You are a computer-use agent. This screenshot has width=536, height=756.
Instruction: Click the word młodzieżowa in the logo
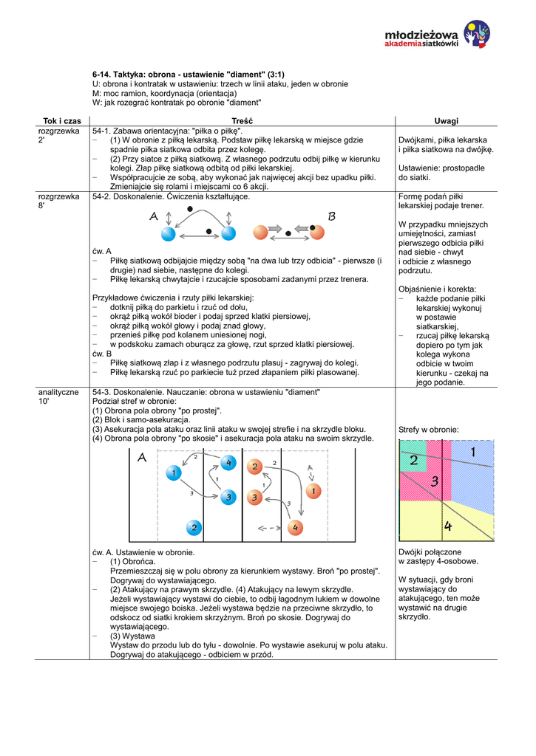click(422, 35)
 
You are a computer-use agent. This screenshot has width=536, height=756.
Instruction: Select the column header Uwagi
click(446, 120)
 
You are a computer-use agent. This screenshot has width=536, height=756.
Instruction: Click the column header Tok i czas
click(62, 120)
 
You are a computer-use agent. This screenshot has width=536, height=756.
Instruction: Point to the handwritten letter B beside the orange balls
click(332, 216)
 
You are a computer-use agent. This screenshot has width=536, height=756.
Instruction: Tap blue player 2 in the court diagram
click(194, 527)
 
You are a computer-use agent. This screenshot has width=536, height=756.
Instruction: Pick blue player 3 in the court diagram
click(228, 497)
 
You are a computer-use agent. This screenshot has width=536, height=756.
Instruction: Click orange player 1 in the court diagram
click(313, 491)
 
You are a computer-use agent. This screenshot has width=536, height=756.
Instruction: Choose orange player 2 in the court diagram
click(254, 467)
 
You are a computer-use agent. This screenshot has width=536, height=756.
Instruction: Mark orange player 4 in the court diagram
click(295, 527)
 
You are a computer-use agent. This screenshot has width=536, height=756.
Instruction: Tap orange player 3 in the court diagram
click(254, 498)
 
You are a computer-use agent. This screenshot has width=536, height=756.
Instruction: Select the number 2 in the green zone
click(413, 461)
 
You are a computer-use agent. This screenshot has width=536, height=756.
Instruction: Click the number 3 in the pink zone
click(435, 481)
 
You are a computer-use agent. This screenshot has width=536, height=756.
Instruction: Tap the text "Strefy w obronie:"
click(429, 430)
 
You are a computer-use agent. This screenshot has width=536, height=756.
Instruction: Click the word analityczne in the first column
click(59, 392)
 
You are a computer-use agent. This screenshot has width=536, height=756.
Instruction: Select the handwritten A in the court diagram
click(142, 458)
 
